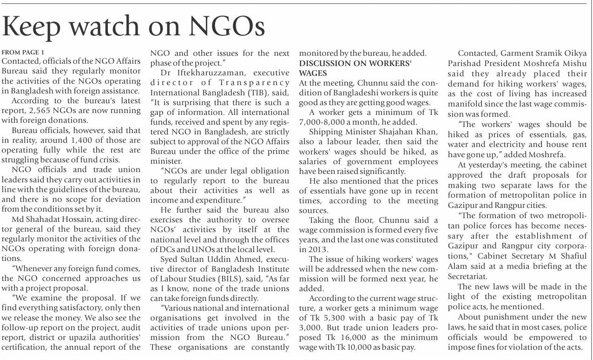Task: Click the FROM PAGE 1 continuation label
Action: coord(23,53)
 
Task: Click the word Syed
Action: coord(170,259)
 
